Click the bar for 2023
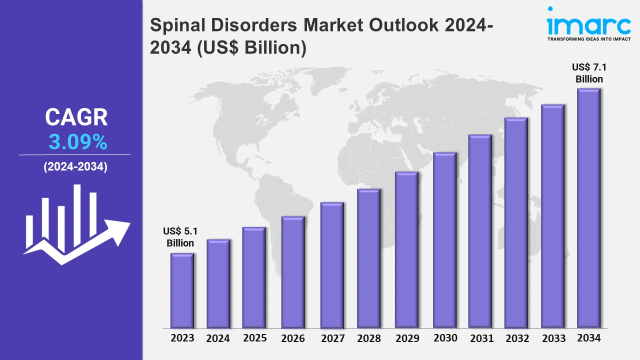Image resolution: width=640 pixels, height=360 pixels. click(x=182, y=290)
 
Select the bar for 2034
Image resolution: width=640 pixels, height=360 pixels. click(x=588, y=208)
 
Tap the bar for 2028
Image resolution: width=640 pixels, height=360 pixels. click(x=369, y=258)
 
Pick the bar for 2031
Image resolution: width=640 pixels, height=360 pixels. click(x=480, y=231)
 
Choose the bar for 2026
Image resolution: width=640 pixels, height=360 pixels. click(x=293, y=272)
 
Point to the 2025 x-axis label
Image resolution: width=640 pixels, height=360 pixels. click(x=255, y=338)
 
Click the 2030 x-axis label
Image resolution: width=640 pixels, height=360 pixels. click(x=445, y=338)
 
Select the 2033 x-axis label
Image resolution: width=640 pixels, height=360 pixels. click(x=553, y=338)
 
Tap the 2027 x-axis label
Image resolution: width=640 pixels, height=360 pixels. click(x=332, y=338)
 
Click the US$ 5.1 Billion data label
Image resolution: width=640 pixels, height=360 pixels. click(x=180, y=237)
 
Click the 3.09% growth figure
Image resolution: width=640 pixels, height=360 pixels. click(x=78, y=143)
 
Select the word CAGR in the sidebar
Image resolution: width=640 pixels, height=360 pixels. click(x=76, y=117)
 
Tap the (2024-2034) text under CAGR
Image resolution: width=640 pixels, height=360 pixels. click(x=75, y=167)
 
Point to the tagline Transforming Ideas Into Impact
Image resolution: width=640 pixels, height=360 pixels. click(x=589, y=38)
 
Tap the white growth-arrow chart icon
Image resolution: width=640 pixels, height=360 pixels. click(x=76, y=225)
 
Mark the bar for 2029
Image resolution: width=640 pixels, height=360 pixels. click(x=406, y=250)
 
